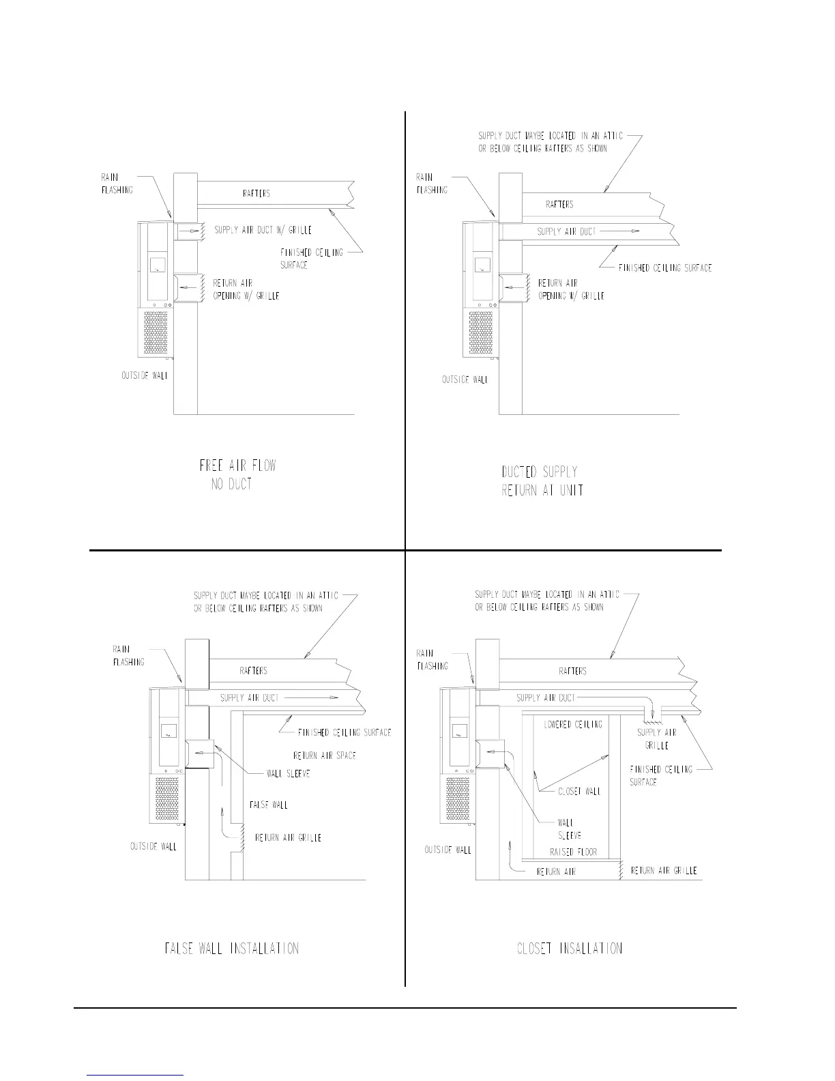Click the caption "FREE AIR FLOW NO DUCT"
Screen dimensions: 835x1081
pyautogui.click(x=237, y=475)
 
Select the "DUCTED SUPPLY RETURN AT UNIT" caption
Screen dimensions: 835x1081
pyautogui.click(x=542, y=480)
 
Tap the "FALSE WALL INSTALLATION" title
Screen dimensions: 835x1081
pyautogui.click(x=232, y=949)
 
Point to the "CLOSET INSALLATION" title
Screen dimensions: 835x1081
pyautogui.click(x=570, y=949)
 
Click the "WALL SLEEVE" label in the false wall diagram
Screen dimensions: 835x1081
pyautogui.click(x=289, y=774)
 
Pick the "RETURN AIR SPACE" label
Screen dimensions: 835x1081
pyautogui.click(x=324, y=755)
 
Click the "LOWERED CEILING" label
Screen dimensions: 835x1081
pyautogui.click(x=573, y=724)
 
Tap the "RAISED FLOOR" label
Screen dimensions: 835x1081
pyautogui.click(x=573, y=852)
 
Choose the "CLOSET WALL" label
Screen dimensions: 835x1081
pyautogui.click(x=579, y=792)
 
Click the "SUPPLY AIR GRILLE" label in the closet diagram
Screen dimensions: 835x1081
pyautogui.click(x=656, y=739)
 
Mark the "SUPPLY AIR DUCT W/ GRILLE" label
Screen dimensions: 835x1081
pyautogui.click(x=263, y=231)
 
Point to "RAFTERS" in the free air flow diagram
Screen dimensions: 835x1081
pyautogui.click(x=256, y=194)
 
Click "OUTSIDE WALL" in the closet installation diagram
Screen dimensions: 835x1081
pyautogui.click(x=448, y=850)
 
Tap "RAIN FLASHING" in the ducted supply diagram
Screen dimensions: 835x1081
pyautogui.click(x=432, y=184)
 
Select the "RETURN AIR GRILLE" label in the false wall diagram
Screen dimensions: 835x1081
pyautogui.click(x=288, y=837)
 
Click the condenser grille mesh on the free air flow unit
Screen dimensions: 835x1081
pyautogui.click(x=156, y=333)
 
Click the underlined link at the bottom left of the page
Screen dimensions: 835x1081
pyautogui.click(x=136, y=1075)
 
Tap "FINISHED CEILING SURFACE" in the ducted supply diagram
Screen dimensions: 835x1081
pyautogui.click(x=665, y=268)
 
